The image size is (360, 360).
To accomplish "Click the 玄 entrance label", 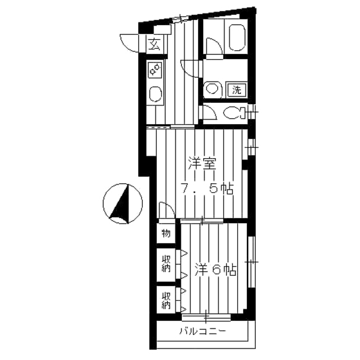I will click(155, 44).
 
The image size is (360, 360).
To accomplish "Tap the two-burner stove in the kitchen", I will click(155, 69).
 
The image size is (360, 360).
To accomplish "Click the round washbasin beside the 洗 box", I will click(212, 89).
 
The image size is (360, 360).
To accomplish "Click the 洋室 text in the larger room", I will click(201, 163).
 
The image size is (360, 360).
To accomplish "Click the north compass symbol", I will click(122, 204).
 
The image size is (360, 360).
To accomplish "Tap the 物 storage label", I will click(165, 233).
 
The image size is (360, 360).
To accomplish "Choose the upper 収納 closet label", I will click(166, 264).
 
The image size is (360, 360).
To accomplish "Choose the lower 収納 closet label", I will click(166, 300).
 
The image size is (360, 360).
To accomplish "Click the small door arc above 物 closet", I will click(165, 211).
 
